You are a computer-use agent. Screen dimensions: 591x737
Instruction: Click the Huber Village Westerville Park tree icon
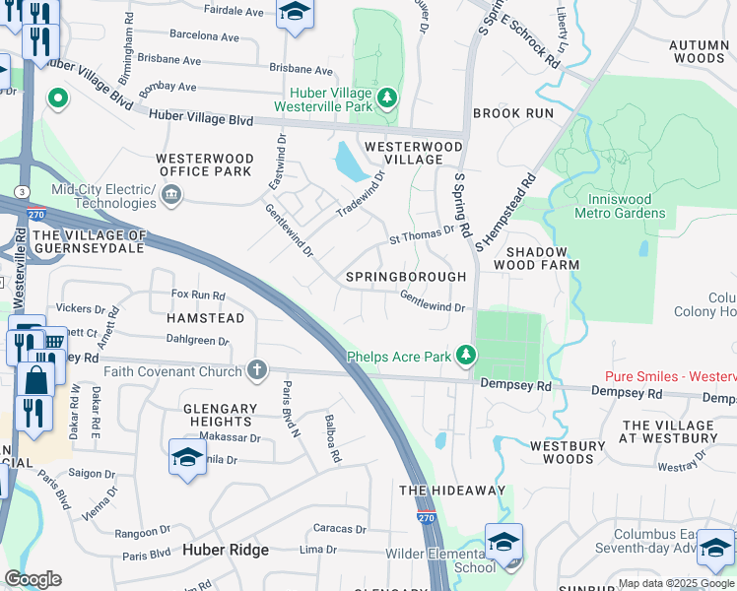coord(388,97)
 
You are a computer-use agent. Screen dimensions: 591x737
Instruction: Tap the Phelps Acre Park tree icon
coord(466,356)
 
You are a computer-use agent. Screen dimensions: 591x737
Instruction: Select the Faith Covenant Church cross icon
coord(257,370)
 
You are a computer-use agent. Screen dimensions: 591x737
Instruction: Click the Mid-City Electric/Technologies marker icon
coord(171,194)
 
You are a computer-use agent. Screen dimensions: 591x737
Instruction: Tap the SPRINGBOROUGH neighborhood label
coord(406,277)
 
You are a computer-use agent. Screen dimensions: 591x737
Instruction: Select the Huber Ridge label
coord(226,550)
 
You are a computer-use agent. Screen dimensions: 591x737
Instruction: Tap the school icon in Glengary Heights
coord(186,458)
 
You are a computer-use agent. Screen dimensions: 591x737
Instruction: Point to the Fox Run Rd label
coord(198,295)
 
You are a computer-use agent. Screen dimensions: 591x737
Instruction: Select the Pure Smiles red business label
coord(670,377)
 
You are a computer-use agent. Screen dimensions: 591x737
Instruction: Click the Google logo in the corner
coord(33,579)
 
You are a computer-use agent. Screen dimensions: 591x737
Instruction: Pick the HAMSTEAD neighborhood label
coord(205,319)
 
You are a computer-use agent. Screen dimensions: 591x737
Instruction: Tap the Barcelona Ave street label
coord(204,36)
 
